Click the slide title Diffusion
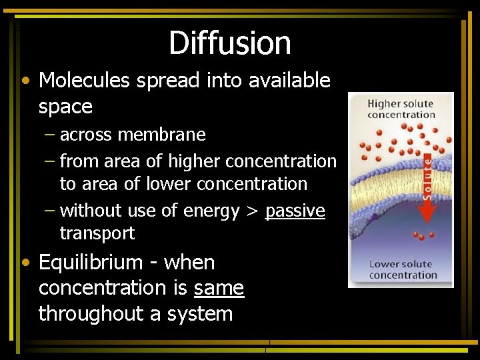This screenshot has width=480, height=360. (x=229, y=43)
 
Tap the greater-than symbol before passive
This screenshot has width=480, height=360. (x=252, y=211)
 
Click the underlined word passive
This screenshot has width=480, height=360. (x=295, y=211)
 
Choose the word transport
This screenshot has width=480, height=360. (x=97, y=233)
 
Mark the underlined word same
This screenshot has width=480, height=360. (x=219, y=289)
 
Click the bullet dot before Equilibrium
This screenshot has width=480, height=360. (x=25, y=263)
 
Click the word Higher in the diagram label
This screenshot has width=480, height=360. (x=385, y=104)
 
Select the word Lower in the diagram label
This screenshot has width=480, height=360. (x=383, y=264)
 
